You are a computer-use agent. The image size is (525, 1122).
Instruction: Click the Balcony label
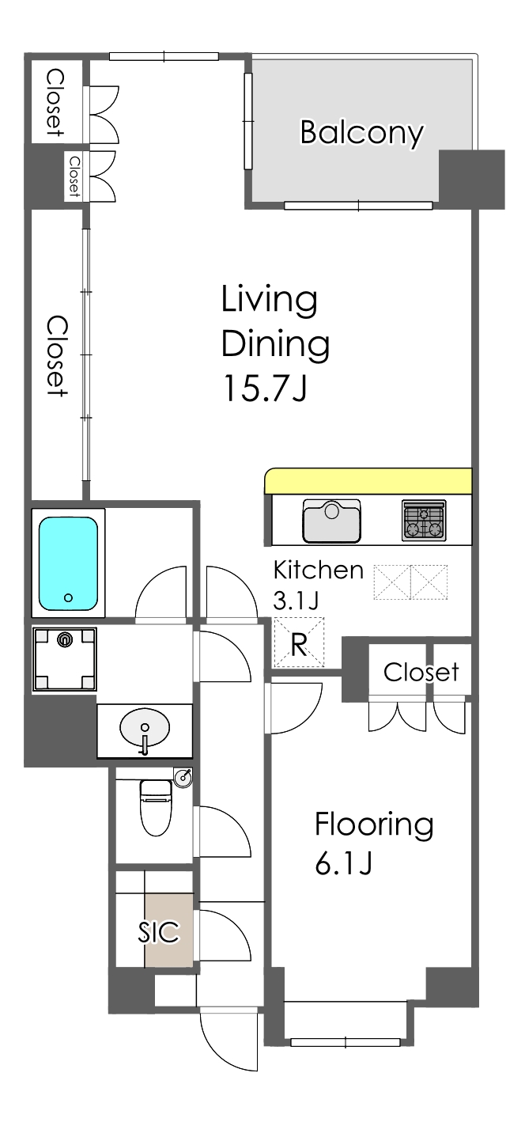pos(361,133)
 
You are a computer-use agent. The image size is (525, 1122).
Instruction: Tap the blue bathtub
pos(68,563)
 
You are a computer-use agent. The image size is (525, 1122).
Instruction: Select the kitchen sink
pos(331,520)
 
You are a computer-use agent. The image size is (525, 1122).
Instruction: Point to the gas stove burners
pos(424,521)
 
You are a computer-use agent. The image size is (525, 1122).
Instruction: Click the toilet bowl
pos(156,807)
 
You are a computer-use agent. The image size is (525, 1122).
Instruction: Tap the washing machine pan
pos(65,659)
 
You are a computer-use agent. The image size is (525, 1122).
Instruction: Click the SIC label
pos(159,931)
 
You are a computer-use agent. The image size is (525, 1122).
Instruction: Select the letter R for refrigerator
pos(299,645)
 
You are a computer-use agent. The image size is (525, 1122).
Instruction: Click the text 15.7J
pos(265,389)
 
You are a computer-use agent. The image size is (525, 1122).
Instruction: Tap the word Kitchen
pos(319,570)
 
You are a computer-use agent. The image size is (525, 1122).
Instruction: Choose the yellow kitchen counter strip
pos(368,480)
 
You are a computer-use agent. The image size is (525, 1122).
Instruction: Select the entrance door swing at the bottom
pos(229,1041)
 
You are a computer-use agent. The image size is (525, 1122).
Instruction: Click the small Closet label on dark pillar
pos(74,176)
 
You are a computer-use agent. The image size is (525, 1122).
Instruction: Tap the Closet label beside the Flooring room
pos(421,672)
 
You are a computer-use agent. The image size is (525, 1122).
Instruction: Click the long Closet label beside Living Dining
pos(57,356)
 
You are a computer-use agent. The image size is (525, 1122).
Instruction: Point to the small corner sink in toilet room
pos(183,777)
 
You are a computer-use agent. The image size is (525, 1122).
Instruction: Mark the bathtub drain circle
pos(69,597)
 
